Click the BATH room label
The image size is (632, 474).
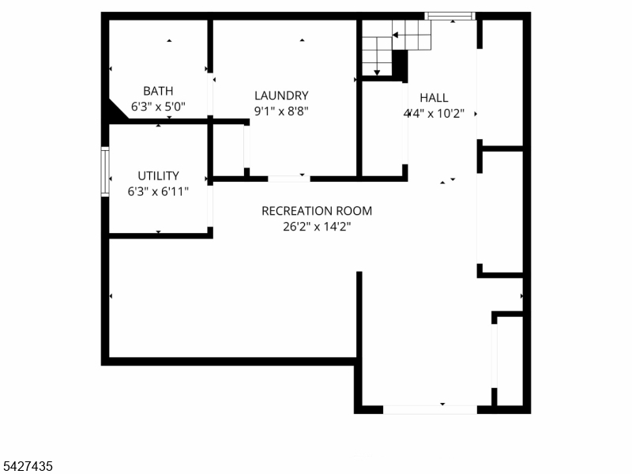point(158,91)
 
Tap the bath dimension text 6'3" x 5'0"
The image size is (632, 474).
point(158,105)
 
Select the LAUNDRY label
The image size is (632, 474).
point(281,96)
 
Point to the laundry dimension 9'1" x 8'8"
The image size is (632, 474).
point(281,111)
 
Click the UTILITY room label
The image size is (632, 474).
point(158,175)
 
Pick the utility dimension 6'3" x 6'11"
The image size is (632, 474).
point(158,190)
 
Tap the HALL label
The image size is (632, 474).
point(434,98)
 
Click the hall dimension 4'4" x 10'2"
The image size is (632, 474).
point(434,113)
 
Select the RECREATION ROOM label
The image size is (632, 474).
point(316,211)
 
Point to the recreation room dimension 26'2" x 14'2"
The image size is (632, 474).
point(316,227)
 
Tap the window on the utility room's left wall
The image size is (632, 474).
point(104,171)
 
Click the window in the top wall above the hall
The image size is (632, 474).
point(450,15)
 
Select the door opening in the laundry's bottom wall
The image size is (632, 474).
point(288,179)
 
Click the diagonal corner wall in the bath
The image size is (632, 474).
point(118,110)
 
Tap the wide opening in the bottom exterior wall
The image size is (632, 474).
point(430,409)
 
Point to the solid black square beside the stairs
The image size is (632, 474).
point(400,63)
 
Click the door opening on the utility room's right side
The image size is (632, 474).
point(210,206)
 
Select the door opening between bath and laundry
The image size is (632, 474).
point(210,96)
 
